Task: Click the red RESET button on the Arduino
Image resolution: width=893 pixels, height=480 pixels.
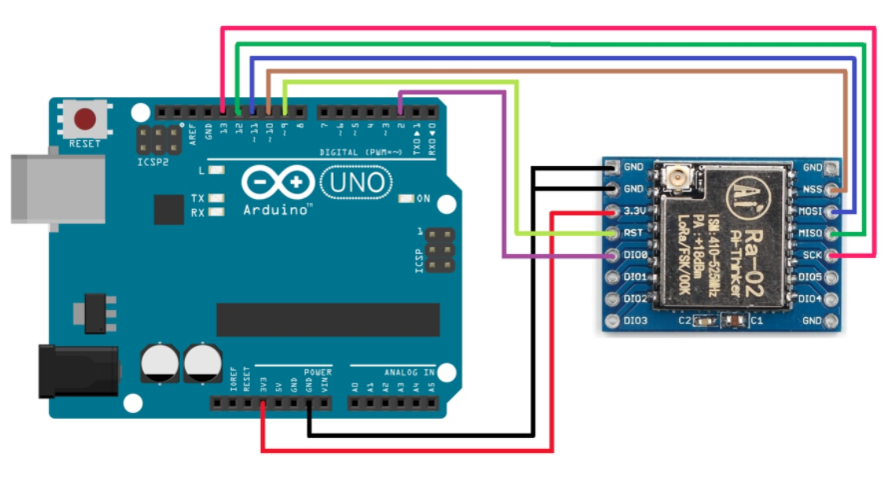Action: [x=86, y=120]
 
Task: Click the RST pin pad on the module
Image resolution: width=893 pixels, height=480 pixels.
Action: [x=611, y=234]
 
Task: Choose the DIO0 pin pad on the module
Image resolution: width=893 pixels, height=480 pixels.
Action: [x=611, y=256]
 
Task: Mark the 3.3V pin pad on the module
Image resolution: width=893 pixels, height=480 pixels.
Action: [x=611, y=212]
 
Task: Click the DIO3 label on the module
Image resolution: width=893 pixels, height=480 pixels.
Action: [x=635, y=321]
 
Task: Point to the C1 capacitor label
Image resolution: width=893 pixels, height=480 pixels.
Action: [x=756, y=321]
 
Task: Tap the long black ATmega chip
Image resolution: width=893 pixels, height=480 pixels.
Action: [x=328, y=319]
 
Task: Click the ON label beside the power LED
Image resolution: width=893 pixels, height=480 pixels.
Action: [x=423, y=198]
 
